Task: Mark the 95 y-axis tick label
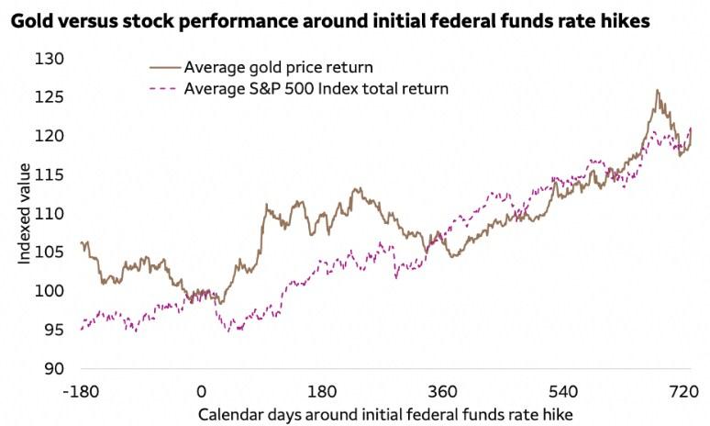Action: (56, 330)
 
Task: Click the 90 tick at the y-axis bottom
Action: (56, 369)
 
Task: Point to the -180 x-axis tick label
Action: (81, 392)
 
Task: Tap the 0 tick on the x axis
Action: (201, 392)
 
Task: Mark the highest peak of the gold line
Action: (657, 90)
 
